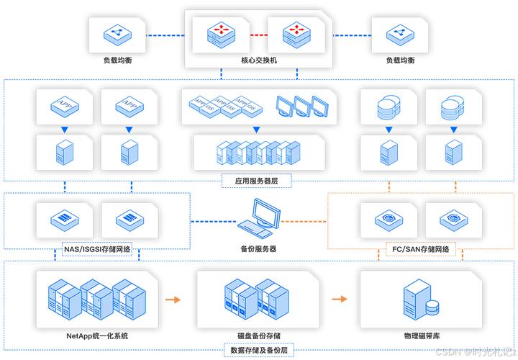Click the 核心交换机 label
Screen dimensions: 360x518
tap(259, 60)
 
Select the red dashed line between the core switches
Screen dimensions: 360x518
tap(259, 33)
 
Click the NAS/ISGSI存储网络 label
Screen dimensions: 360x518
tap(97, 249)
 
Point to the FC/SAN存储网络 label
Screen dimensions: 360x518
tap(420, 249)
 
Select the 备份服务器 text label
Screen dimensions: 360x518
tap(259, 248)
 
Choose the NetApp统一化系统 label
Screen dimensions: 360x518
tap(97, 336)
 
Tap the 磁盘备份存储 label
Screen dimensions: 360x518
tap(259, 336)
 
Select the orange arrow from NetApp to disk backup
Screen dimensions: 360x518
tap(173, 299)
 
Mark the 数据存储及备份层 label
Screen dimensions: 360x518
tap(259, 349)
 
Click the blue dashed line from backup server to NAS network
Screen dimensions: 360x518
tap(213, 220)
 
